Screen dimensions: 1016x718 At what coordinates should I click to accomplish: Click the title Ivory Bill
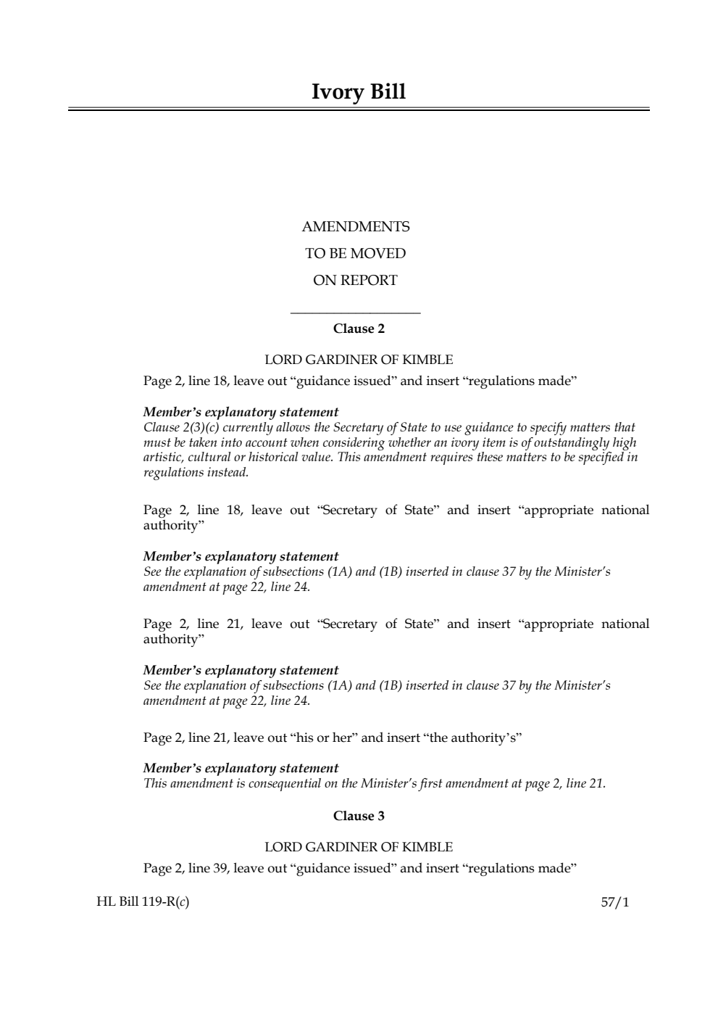coord(359,92)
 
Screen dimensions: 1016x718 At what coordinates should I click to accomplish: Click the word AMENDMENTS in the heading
coord(356,227)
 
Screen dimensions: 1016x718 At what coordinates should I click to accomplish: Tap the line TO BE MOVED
coord(356,254)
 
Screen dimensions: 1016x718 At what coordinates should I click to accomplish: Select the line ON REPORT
coord(355,281)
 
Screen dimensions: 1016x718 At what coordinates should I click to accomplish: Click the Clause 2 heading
coord(359,329)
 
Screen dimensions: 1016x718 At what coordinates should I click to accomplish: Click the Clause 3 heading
coord(359,817)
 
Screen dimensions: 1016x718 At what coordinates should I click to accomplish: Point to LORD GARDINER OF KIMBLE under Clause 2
coord(359,360)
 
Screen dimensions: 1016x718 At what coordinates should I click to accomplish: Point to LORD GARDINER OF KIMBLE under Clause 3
coord(359,847)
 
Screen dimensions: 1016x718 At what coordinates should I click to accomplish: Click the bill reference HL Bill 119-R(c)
coord(143,903)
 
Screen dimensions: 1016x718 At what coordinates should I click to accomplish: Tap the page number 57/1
coord(615,903)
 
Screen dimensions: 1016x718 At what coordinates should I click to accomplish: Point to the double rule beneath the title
coord(359,110)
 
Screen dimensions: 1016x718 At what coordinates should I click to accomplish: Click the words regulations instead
coord(196,473)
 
